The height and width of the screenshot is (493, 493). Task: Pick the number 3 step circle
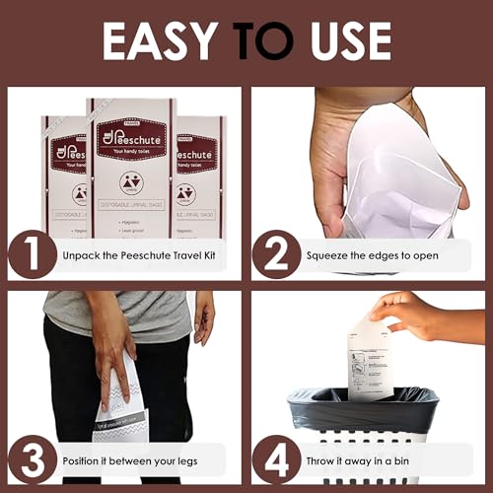pyautogui.click(x=34, y=458)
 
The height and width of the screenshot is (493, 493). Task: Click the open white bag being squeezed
pyautogui.click(x=394, y=187)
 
